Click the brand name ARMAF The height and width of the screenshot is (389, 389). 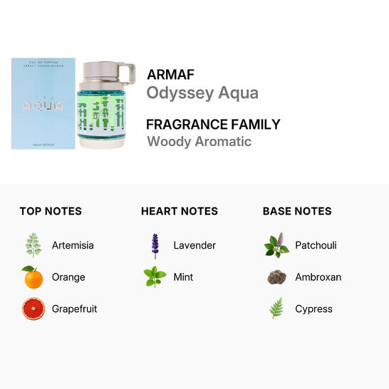click(170, 74)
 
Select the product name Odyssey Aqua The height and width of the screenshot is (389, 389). click(202, 93)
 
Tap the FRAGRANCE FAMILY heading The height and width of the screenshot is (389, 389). click(213, 124)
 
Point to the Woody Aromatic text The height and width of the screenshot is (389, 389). click(199, 141)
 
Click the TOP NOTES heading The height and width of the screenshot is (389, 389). click(51, 211)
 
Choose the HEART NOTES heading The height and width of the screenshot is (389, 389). click(180, 211)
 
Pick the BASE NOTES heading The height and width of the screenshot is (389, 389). click(297, 211)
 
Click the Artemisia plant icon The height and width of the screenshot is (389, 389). click(33, 245)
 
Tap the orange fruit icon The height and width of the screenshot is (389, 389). click(33, 277)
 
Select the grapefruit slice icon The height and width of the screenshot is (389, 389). click(33, 309)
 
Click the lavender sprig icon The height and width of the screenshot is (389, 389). click(155, 245)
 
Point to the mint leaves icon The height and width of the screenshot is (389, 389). click(155, 277)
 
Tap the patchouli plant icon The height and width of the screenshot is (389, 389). click(276, 245)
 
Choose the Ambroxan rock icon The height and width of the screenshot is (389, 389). click(276, 277)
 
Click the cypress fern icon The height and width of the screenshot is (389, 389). click(276, 308)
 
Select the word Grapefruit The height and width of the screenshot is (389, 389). click(74, 309)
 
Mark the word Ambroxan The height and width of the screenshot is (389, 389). click(318, 277)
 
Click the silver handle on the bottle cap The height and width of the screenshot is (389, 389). click(128, 73)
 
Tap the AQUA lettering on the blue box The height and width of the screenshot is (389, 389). click(43, 105)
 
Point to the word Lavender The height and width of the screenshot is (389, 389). click(194, 245)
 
